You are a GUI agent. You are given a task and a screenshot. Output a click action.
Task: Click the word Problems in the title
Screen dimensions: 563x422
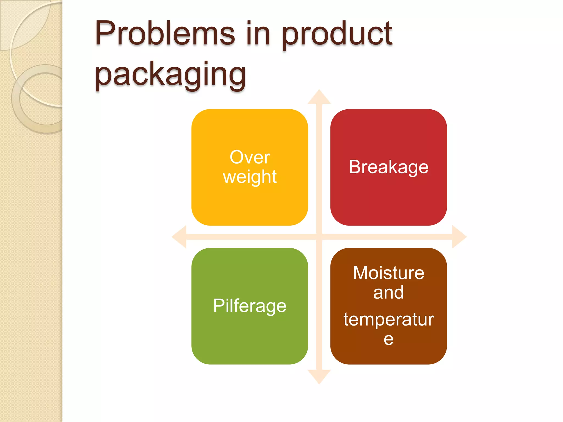pos(165,34)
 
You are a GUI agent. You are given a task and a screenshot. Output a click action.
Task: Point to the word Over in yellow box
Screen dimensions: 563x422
pos(250,157)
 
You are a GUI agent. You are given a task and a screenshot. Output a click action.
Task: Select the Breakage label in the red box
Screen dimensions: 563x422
pos(388,167)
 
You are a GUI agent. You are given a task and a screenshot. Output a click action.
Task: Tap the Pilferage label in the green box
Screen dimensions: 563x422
pos(250,306)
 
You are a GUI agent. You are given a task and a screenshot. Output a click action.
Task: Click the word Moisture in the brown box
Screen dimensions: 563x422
pos(388,273)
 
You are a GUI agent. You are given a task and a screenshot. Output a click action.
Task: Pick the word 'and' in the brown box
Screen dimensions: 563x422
pos(388,292)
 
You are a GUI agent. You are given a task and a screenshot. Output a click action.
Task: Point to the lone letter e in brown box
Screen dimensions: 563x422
pos(388,339)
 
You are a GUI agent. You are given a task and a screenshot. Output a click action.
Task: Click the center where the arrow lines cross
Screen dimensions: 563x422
pos(319,237)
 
